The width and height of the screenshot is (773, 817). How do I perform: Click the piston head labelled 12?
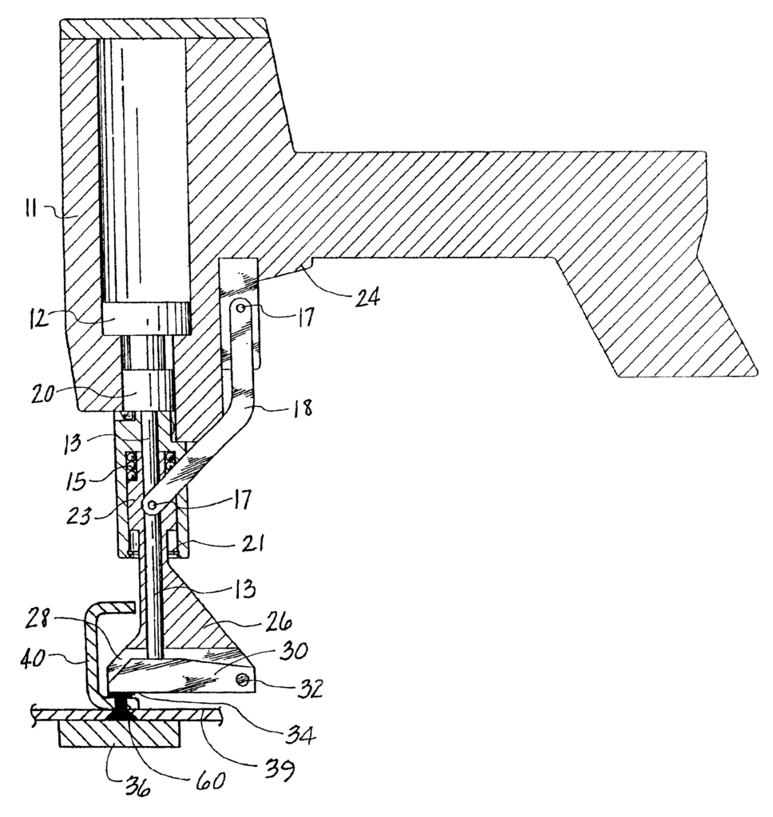click(147, 317)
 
